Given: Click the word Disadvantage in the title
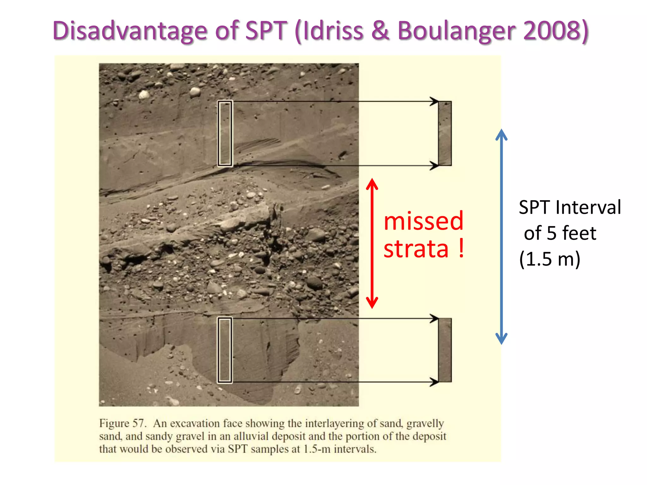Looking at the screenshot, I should click(x=130, y=31).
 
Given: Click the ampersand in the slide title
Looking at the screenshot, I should click(x=380, y=31).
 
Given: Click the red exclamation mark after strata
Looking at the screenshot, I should click(x=462, y=248).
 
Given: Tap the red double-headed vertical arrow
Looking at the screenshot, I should click(x=372, y=243).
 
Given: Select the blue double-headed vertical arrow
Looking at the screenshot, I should click(x=501, y=237).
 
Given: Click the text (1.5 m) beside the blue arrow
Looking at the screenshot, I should click(x=550, y=259).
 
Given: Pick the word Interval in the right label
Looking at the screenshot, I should click(x=588, y=207).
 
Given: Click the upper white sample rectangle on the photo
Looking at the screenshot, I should click(x=225, y=133).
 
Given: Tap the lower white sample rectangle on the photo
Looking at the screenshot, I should click(x=225, y=350).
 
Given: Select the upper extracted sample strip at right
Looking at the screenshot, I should click(x=445, y=133).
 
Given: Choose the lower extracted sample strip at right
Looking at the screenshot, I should click(x=445, y=350).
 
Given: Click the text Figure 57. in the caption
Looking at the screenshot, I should click(x=122, y=423).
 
